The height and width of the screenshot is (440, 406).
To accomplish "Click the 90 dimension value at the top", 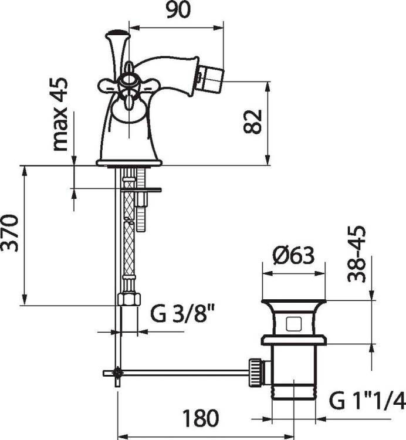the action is point(178,10).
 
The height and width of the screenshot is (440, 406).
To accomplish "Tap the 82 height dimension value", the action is point(252,121).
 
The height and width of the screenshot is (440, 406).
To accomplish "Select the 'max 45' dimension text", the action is point(60,114).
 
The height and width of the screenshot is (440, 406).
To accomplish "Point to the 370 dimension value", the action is point(10,233).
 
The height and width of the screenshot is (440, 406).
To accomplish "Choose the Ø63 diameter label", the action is point(293,255).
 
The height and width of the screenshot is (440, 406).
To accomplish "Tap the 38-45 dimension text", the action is point(357,254).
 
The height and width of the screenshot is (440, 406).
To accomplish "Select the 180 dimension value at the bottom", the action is point(201,418).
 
